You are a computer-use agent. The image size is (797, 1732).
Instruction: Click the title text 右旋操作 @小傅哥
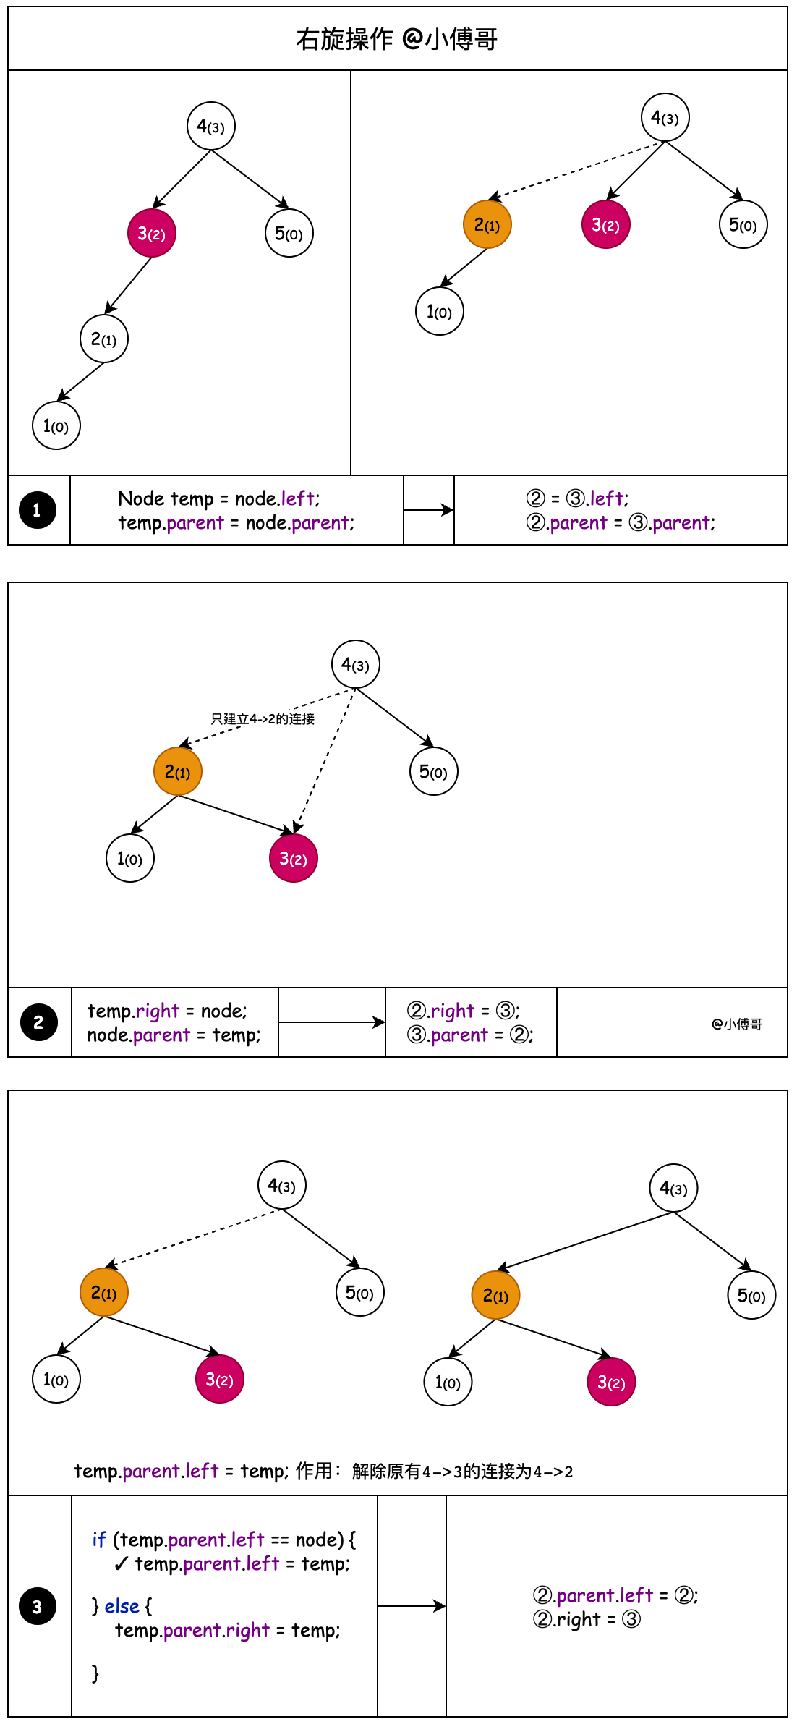396,39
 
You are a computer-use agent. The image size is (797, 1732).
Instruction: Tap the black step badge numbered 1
37,510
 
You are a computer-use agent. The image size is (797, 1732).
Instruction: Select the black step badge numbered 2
38,1022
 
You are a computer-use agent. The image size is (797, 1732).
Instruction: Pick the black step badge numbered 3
38,1607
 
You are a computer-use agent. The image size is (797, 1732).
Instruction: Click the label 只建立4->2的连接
263,718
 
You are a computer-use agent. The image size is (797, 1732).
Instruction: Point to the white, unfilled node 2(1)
104,339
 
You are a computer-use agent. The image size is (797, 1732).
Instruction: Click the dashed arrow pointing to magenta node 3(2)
324,760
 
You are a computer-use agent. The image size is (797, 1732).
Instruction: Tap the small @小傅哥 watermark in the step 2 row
737,1024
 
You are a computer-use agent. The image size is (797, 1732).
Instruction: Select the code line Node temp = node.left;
218,498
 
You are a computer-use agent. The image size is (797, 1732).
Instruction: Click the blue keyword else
122,1606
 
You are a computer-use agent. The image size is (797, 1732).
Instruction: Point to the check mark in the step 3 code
121,1564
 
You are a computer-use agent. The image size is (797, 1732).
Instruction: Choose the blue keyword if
99,1540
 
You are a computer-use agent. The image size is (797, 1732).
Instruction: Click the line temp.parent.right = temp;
227,1631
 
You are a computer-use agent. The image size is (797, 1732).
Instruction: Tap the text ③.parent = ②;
470,1035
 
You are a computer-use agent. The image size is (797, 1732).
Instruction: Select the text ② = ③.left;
577,498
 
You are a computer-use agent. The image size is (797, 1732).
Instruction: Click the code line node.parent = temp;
174,1035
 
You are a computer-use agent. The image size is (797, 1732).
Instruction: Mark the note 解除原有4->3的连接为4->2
462,1472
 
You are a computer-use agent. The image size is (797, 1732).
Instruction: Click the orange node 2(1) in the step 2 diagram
178,772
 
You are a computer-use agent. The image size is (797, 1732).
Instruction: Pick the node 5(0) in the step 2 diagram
434,772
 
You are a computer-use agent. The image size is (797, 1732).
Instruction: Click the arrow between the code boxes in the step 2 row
331,1022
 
